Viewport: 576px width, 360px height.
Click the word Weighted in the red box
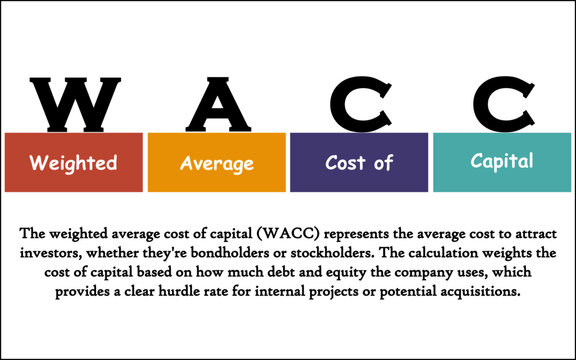(72, 162)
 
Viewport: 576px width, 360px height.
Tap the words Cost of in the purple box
(359, 162)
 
